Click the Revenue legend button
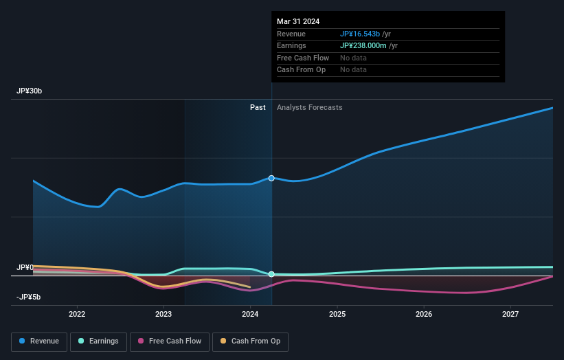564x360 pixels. coord(39,341)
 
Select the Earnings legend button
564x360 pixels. coord(98,341)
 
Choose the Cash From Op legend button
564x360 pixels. coord(250,341)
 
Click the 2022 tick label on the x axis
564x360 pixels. coord(77,314)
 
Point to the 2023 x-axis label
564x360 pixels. coord(163,314)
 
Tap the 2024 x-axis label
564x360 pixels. coord(250,314)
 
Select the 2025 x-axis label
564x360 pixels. coord(337,314)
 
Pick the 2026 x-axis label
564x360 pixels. coord(424,314)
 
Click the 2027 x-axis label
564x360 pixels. coord(510,314)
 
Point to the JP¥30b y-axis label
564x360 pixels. coord(31,91)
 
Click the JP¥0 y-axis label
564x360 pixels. coord(25,267)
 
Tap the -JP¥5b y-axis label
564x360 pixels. coord(29,297)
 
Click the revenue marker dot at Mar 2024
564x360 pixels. coord(271,178)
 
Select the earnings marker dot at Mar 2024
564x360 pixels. coord(271,274)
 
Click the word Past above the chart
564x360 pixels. coord(258,107)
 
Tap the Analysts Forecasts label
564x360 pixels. coord(309,107)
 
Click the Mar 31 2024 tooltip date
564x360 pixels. coord(298,22)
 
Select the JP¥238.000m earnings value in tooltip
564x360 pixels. coord(363,46)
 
